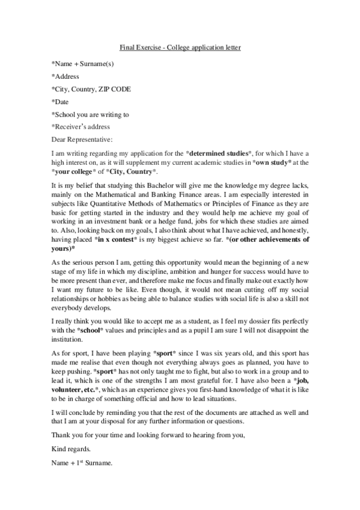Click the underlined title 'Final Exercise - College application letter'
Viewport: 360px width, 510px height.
180,47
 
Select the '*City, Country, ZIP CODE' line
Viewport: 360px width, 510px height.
91,89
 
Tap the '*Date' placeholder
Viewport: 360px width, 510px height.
61,102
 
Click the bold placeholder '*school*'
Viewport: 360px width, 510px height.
93,331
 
